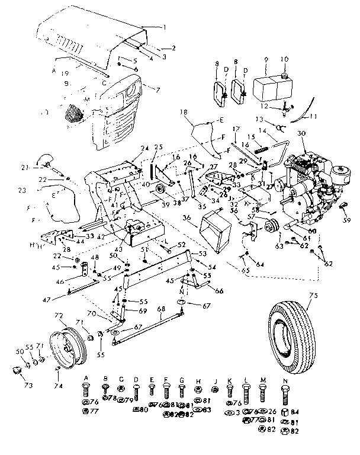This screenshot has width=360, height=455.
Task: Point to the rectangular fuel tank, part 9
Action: click(268, 88)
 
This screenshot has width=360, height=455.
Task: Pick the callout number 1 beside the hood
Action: click(165, 27)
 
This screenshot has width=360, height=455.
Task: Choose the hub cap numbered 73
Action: click(15, 371)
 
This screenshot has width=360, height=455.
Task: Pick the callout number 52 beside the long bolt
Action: click(181, 245)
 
